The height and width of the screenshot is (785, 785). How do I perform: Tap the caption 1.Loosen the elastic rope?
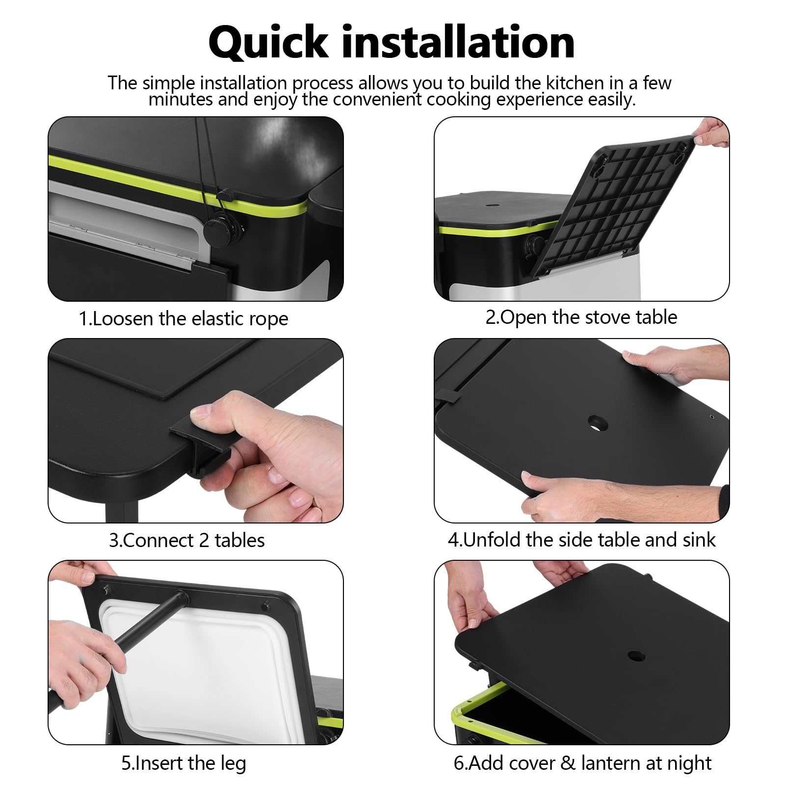click(x=183, y=319)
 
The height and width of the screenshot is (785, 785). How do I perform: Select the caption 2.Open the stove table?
click(x=581, y=317)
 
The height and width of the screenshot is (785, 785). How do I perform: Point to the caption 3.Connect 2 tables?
click(x=187, y=540)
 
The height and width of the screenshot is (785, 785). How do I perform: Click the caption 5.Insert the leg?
click(x=184, y=763)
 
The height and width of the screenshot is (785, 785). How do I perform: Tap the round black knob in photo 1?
click(x=219, y=230)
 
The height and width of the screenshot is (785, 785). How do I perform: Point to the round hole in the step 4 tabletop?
click(x=598, y=423)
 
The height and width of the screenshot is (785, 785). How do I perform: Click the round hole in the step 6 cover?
click(x=636, y=655)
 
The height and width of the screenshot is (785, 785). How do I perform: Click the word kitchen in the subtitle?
click(x=576, y=83)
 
